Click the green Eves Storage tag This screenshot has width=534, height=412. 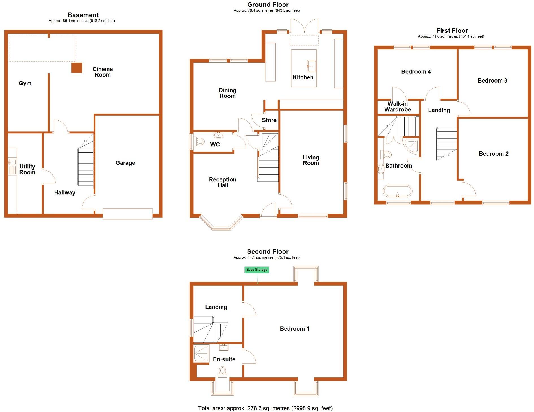click(x=257, y=270)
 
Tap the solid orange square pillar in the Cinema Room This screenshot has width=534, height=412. click(x=77, y=68)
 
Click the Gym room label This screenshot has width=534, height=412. click(x=25, y=83)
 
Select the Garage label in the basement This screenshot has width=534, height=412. click(x=125, y=163)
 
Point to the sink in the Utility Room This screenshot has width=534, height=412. click(x=12, y=162)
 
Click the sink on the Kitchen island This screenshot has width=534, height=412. click(x=312, y=66)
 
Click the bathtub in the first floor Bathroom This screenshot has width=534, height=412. click(x=398, y=191)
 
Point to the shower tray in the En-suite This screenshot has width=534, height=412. click(x=201, y=354)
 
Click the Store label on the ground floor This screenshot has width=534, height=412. click(x=269, y=120)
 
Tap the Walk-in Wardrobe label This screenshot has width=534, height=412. click(x=398, y=107)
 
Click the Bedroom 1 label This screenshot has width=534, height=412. click(x=294, y=329)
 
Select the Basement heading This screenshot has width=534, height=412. click(x=83, y=15)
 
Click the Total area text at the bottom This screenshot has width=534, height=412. click(x=265, y=408)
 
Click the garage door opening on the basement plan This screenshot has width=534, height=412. click(x=127, y=214)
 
